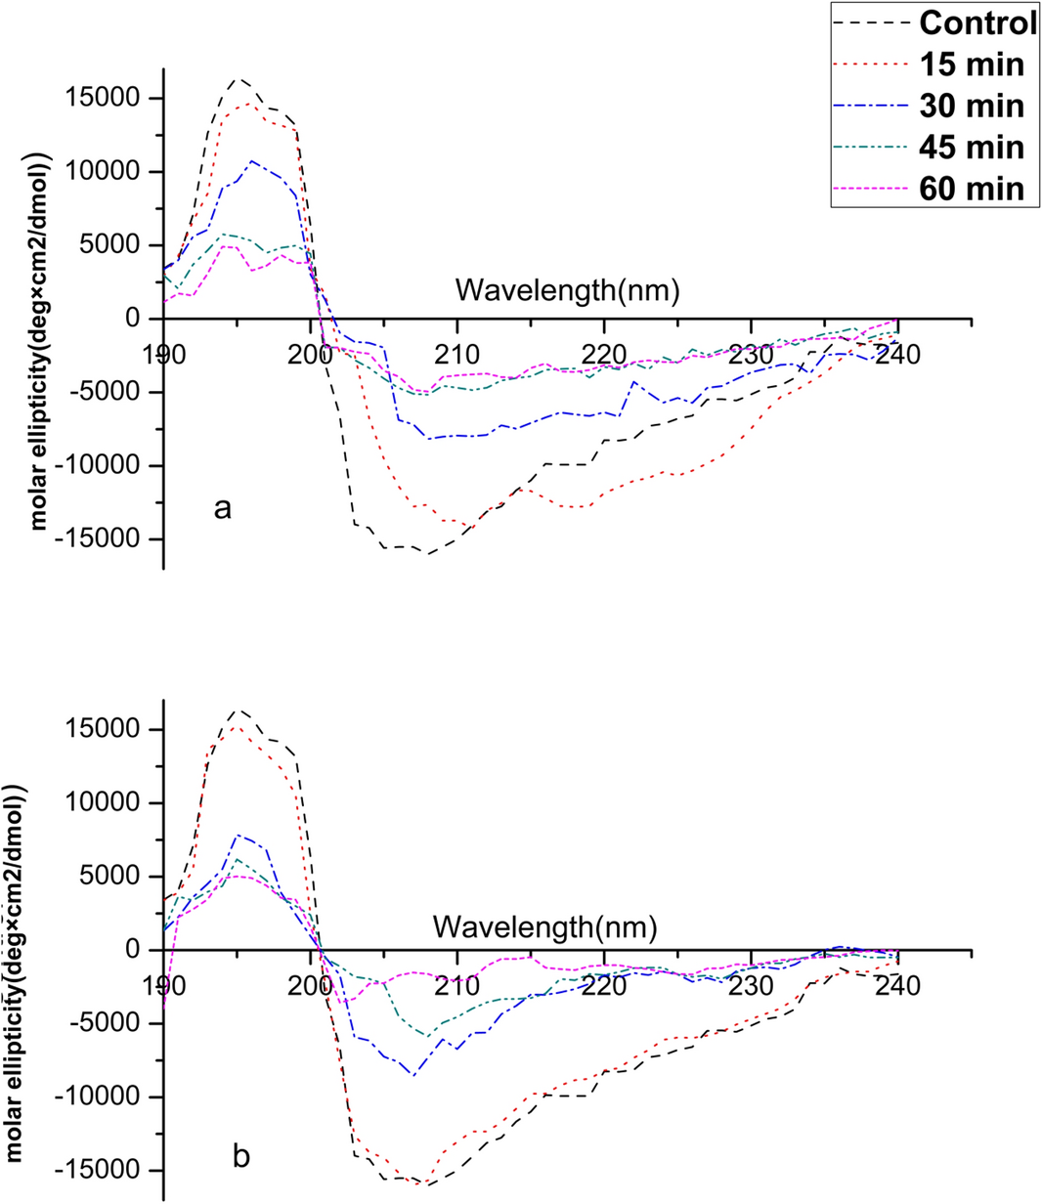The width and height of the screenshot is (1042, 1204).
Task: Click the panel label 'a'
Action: pos(224,508)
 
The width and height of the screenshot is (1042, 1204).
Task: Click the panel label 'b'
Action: pos(241,1156)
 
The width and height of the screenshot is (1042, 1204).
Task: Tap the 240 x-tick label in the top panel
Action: pos(897,354)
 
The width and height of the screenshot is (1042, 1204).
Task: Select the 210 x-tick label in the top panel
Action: pos(457,354)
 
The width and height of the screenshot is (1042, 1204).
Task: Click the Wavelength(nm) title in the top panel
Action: pos(568,289)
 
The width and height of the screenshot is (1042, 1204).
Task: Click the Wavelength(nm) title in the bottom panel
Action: pos(545,924)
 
